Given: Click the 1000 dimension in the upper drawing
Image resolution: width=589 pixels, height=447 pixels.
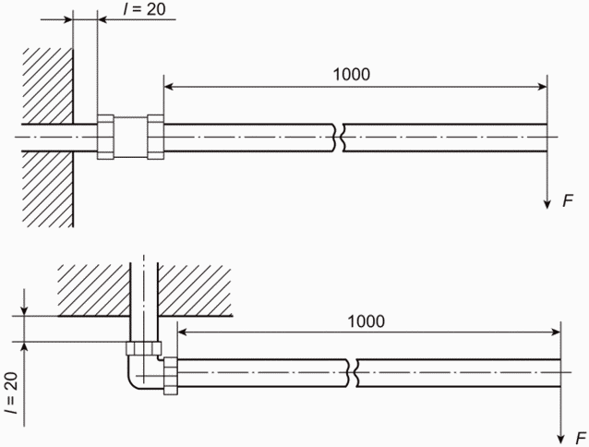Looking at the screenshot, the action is [x=352, y=75].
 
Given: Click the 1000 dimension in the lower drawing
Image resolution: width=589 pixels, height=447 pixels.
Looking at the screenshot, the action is [x=367, y=321].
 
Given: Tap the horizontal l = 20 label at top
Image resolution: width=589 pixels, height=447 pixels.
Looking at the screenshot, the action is [x=145, y=9].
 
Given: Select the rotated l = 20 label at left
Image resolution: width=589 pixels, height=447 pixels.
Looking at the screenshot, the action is [x=11, y=393].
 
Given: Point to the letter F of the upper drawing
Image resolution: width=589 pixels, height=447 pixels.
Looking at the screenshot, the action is [x=568, y=201].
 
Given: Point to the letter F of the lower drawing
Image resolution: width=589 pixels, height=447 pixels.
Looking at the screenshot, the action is [x=581, y=438].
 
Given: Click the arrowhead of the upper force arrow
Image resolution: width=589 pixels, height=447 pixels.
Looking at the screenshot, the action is [x=547, y=204].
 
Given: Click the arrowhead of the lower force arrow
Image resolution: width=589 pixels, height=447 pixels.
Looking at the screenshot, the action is [x=560, y=439].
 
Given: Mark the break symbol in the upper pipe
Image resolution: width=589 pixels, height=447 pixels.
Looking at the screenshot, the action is [x=338, y=138].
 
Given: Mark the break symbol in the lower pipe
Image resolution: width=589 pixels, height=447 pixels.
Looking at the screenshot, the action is [x=352, y=373].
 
